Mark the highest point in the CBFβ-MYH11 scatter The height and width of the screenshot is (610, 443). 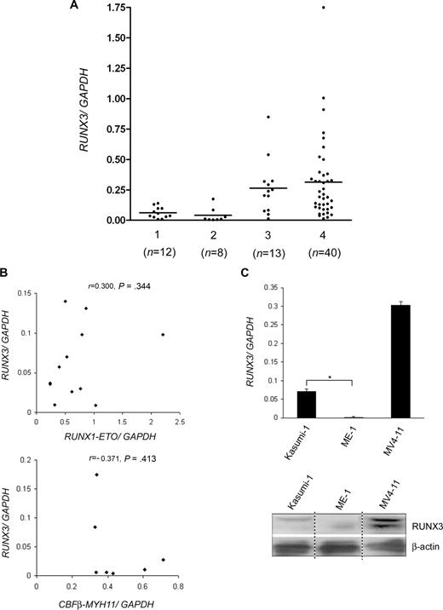(96, 475)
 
